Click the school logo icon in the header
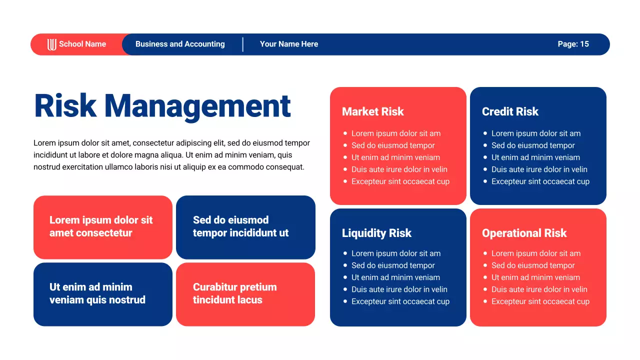pos(52,44)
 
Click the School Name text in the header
pos(82,44)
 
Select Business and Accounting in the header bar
pos(180,44)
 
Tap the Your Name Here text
pos(289,44)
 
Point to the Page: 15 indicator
pos(573,44)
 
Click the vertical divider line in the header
pos(243,44)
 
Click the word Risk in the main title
pos(65,106)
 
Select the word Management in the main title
pos(197,106)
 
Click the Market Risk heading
pos(373,111)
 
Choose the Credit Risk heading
pos(510,111)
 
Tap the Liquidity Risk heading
pos(376,233)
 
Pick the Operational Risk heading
pos(524,233)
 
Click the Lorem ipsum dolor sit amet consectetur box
pos(102,226)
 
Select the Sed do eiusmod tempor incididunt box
pos(245,226)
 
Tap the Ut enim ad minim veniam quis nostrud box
pos(102,293)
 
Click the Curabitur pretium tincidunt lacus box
pos(245,293)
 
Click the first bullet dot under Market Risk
pos(345,133)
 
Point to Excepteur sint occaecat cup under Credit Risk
pos(540,181)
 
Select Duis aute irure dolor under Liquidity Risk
pos(399,289)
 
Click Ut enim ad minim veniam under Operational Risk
pos(535,277)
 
